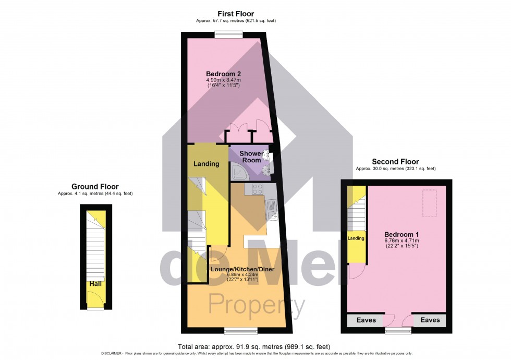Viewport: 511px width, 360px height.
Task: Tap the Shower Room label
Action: coord(251,157)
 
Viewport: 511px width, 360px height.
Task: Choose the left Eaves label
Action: coord(366,320)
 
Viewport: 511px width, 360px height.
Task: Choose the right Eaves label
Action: coord(430,320)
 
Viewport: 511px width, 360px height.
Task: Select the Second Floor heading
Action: coord(395,162)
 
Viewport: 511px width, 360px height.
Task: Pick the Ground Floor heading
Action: coord(95,186)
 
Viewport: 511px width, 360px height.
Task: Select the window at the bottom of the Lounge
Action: coord(240,330)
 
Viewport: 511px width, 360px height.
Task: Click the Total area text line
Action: coord(254,346)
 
